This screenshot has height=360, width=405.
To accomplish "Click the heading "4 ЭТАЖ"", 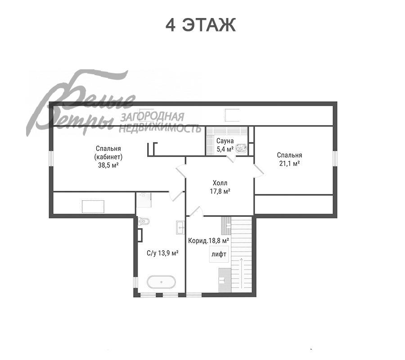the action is [x=200, y=25].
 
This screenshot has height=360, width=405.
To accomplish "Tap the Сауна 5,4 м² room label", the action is [x=225, y=145].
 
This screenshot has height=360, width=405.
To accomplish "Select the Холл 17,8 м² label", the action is [x=220, y=187].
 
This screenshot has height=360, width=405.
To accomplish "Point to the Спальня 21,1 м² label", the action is [x=289, y=159].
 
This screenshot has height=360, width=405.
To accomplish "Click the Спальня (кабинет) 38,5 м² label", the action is [x=108, y=157].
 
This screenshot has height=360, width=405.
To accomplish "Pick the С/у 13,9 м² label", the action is [x=163, y=253].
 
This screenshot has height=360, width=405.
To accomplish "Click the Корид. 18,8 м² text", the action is [x=208, y=241].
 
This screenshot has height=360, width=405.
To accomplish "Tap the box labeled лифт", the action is [x=219, y=254].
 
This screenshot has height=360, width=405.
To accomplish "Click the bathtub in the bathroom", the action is [x=162, y=282].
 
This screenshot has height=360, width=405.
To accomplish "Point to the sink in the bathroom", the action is [x=180, y=227].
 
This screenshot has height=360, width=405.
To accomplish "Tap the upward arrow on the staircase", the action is [x=242, y=273].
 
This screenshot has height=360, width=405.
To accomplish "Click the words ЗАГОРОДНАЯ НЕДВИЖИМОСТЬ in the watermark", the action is [x=160, y=122].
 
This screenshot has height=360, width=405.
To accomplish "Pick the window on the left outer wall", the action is [x=51, y=158].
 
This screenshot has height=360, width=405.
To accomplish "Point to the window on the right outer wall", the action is [x=335, y=158].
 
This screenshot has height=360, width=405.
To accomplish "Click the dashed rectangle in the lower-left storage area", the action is [x=93, y=207].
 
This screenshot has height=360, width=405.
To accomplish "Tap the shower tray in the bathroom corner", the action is [x=144, y=200].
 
